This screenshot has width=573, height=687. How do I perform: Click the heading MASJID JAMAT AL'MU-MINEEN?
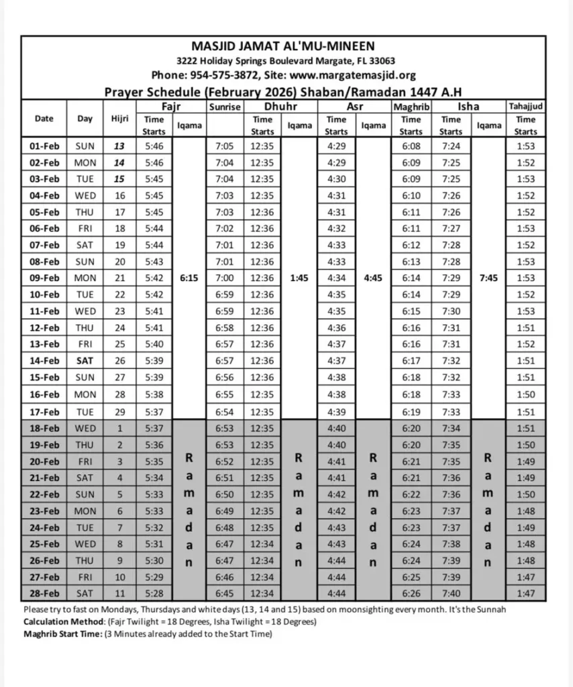284,46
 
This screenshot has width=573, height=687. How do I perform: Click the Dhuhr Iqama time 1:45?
299,278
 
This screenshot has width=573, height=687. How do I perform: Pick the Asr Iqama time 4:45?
373,278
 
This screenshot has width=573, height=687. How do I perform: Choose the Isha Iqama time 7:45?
488,278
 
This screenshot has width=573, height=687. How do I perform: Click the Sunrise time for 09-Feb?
225,278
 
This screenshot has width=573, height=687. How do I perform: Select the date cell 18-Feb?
44,428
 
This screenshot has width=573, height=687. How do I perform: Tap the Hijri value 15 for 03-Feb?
119,179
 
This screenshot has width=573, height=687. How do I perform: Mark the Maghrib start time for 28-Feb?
411,593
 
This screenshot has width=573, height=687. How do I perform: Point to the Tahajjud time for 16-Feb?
525,395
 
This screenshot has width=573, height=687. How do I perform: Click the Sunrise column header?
225,107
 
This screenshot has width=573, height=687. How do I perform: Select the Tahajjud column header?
525,106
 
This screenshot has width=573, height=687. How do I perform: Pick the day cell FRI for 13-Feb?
85,344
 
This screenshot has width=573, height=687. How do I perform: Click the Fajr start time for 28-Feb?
154,593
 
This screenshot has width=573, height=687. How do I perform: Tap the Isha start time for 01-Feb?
451,146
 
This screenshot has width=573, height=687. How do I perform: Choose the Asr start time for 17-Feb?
337,412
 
